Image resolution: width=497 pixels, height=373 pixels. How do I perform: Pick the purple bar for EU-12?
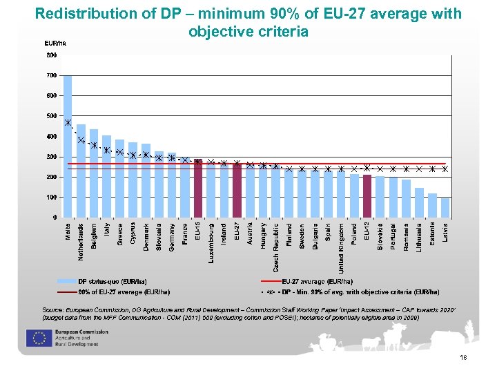click(367, 196)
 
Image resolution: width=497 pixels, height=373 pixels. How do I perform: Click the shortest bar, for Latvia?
click(445, 208)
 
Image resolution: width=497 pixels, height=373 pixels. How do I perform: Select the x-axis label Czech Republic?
click(276, 246)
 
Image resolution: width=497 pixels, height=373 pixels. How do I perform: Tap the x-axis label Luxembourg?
click(211, 242)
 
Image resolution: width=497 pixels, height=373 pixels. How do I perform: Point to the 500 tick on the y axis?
click(52, 116)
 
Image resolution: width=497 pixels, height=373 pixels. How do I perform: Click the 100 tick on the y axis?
click(52, 198)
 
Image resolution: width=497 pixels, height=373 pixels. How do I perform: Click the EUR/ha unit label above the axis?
click(55, 43)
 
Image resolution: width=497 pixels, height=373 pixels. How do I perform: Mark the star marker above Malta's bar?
click(68, 123)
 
